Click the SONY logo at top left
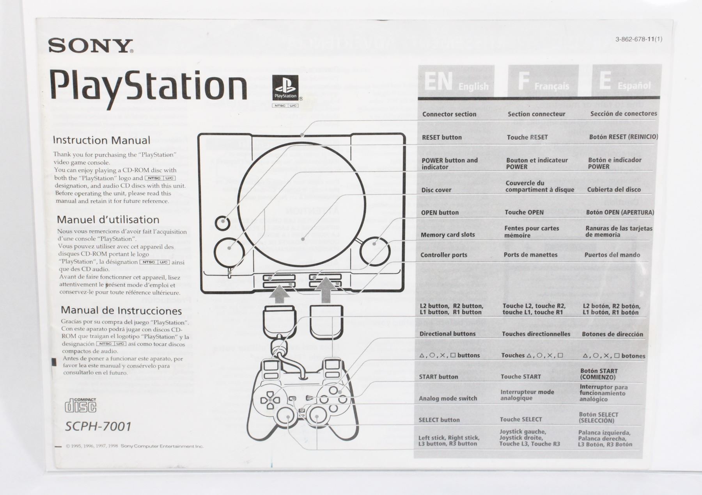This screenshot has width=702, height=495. [x=90, y=46]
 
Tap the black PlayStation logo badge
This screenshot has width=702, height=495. [x=285, y=88]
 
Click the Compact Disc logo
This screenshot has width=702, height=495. [x=80, y=405]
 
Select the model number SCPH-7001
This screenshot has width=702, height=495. [x=98, y=426]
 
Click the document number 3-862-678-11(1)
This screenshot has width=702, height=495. [x=638, y=39]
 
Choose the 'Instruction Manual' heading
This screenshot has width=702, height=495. [x=101, y=140]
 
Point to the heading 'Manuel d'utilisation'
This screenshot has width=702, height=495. [x=108, y=219]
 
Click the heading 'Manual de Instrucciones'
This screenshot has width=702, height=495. [x=121, y=311]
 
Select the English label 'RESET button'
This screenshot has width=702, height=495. [x=441, y=137]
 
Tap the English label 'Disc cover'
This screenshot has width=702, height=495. [x=436, y=190]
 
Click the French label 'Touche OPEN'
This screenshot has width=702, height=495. [x=524, y=212]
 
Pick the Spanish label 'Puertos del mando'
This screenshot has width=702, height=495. [x=612, y=255]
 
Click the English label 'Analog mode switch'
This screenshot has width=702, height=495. [x=448, y=399]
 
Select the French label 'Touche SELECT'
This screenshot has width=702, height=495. [x=521, y=419]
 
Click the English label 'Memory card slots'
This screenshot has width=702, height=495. [x=447, y=235]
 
